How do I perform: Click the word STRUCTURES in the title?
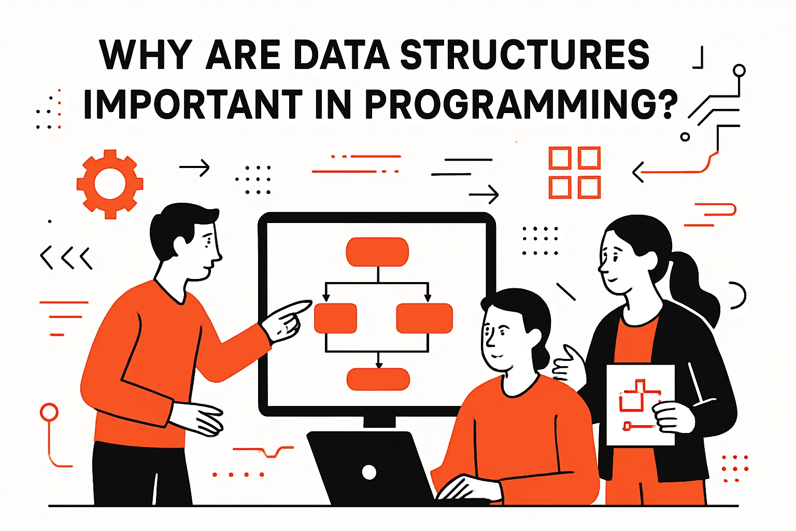pos(524,55)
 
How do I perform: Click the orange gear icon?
pos(110,184)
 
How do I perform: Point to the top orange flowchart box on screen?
pos(377,252)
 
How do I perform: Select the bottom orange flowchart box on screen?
pos(378,379)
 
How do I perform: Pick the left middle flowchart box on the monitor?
pos(336,318)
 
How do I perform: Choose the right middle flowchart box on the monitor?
pos(424,318)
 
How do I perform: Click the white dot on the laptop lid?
pos(369,472)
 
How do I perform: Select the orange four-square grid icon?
pos(574,173)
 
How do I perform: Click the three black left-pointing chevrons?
pos(66,258)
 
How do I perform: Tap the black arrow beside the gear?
pos(194,167)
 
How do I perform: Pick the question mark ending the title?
pos(670,105)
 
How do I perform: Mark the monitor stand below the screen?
pos(379,422)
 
